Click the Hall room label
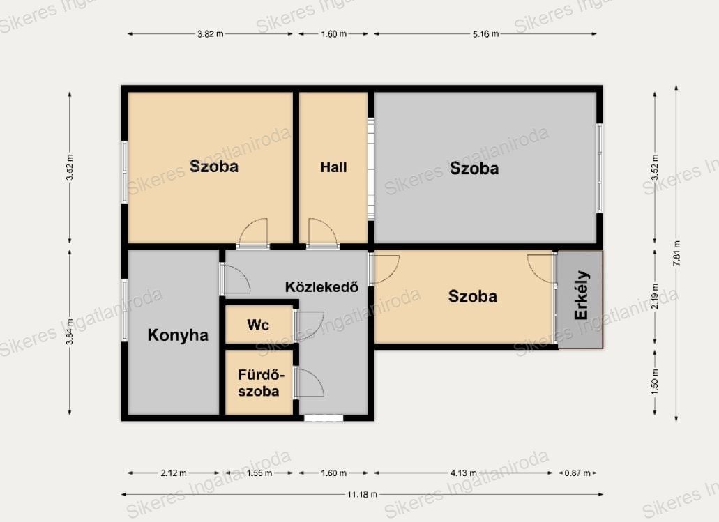[333, 167]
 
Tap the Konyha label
[178, 335]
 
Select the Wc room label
[258, 325]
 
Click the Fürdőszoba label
[259, 383]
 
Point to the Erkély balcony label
[582, 295]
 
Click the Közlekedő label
[321, 287]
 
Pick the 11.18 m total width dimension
[362, 495]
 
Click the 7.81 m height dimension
[677, 254]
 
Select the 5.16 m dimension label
[485, 34]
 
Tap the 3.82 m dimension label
[211, 34]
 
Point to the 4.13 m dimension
[464, 473]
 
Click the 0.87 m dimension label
[577, 473]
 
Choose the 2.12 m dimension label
[174, 473]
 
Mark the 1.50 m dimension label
[655, 381]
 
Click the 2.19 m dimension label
[655, 296]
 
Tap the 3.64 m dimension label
[70, 332]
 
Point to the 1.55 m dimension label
[259, 473]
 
